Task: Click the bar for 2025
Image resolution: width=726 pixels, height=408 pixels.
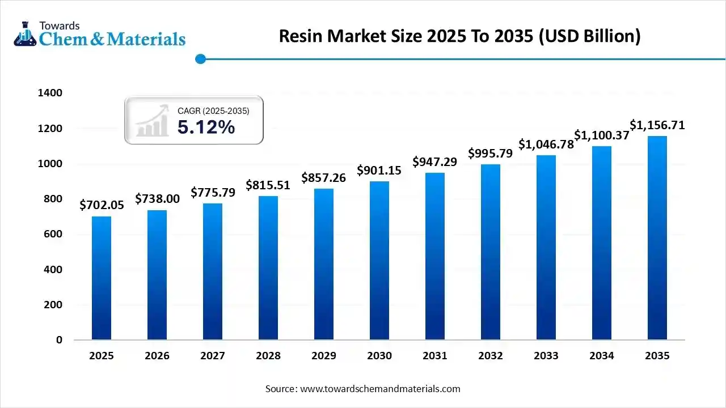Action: click(102, 278)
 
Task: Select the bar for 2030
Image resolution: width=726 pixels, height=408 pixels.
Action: click(379, 261)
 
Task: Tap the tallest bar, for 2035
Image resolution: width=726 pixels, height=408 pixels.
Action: click(657, 238)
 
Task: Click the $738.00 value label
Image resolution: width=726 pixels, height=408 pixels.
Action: click(157, 198)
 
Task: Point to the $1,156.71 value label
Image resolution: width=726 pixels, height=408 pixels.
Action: click(657, 125)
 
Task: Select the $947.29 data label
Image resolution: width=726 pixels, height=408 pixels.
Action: click(435, 162)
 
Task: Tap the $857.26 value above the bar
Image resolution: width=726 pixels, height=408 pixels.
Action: click(324, 177)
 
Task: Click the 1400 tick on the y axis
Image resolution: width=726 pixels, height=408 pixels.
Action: click(50, 93)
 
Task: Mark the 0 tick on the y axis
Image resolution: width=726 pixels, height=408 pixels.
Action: click(59, 340)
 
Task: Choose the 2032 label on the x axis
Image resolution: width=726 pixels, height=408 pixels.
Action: click(491, 356)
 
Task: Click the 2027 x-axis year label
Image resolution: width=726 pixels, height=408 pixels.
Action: click(213, 356)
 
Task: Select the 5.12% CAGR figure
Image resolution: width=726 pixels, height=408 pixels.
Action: click(206, 127)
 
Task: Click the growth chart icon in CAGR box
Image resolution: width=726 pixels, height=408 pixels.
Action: click(153, 120)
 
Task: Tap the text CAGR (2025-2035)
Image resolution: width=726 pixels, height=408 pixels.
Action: click(213, 111)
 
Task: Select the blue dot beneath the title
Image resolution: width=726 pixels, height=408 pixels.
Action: click(200, 59)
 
